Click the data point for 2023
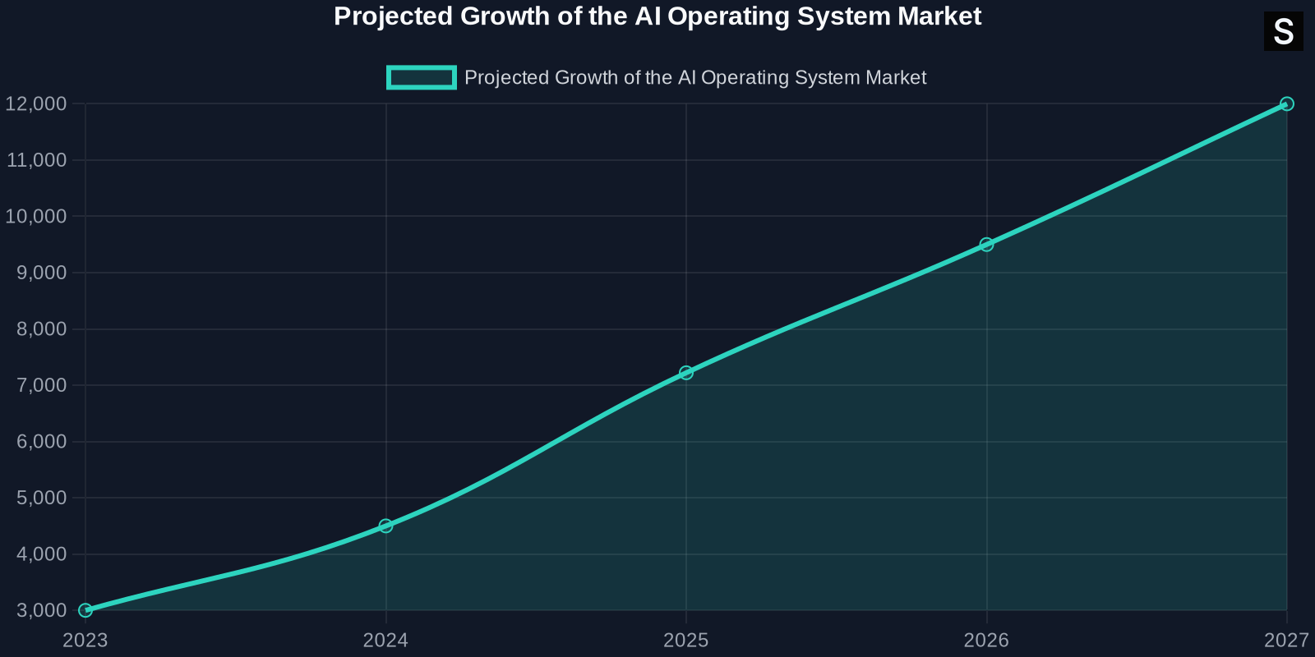click(85, 610)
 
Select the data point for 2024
click(385, 526)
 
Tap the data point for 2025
click(686, 373)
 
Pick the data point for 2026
click(986, 245)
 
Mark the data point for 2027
click(1287, 104)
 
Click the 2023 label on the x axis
click(85, 641)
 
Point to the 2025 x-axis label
click(686, 641)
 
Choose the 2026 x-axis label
click(986, 641)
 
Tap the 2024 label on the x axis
click(385, 641)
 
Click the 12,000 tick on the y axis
click(36, 104)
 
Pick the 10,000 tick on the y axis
click(36, 217)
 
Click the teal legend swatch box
click(422, 78)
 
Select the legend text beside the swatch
click(695, 78)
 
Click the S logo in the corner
click(1283, 32)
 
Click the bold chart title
click(657, 16)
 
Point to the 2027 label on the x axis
click(1285, 641)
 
